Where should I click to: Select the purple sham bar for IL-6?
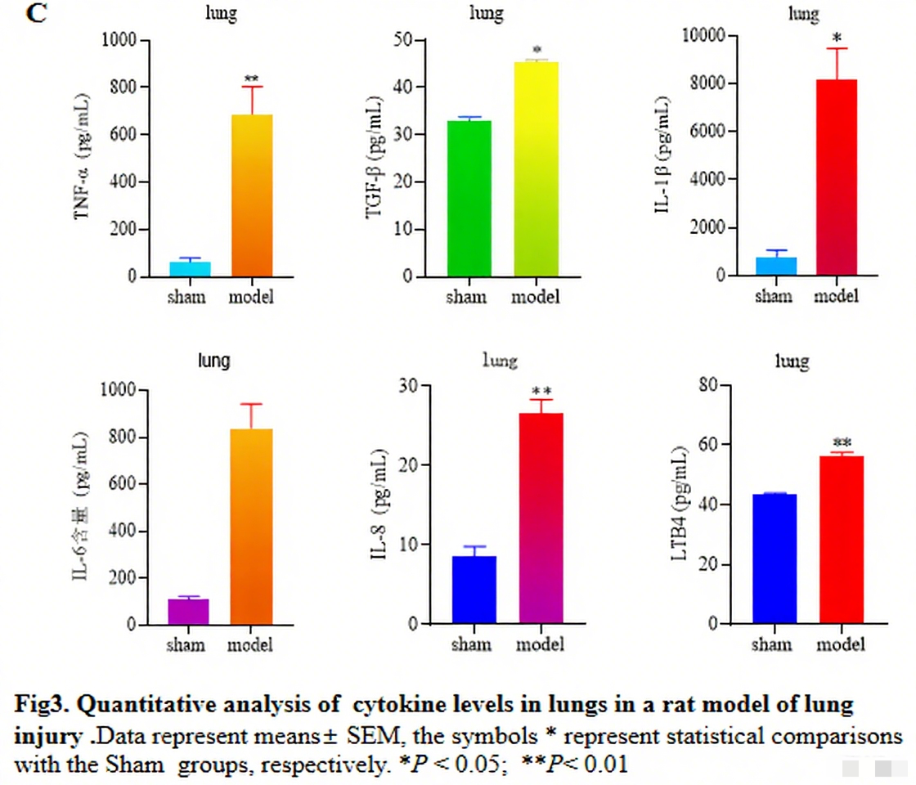pyautogui.click(x=188, y=612)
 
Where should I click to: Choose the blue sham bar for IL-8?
pyautogui.click(x=474, y=590)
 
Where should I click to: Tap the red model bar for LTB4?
pyautogui.click(x=841, y=540)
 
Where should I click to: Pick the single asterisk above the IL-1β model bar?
pyautogui.click(x=837, y=38)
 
